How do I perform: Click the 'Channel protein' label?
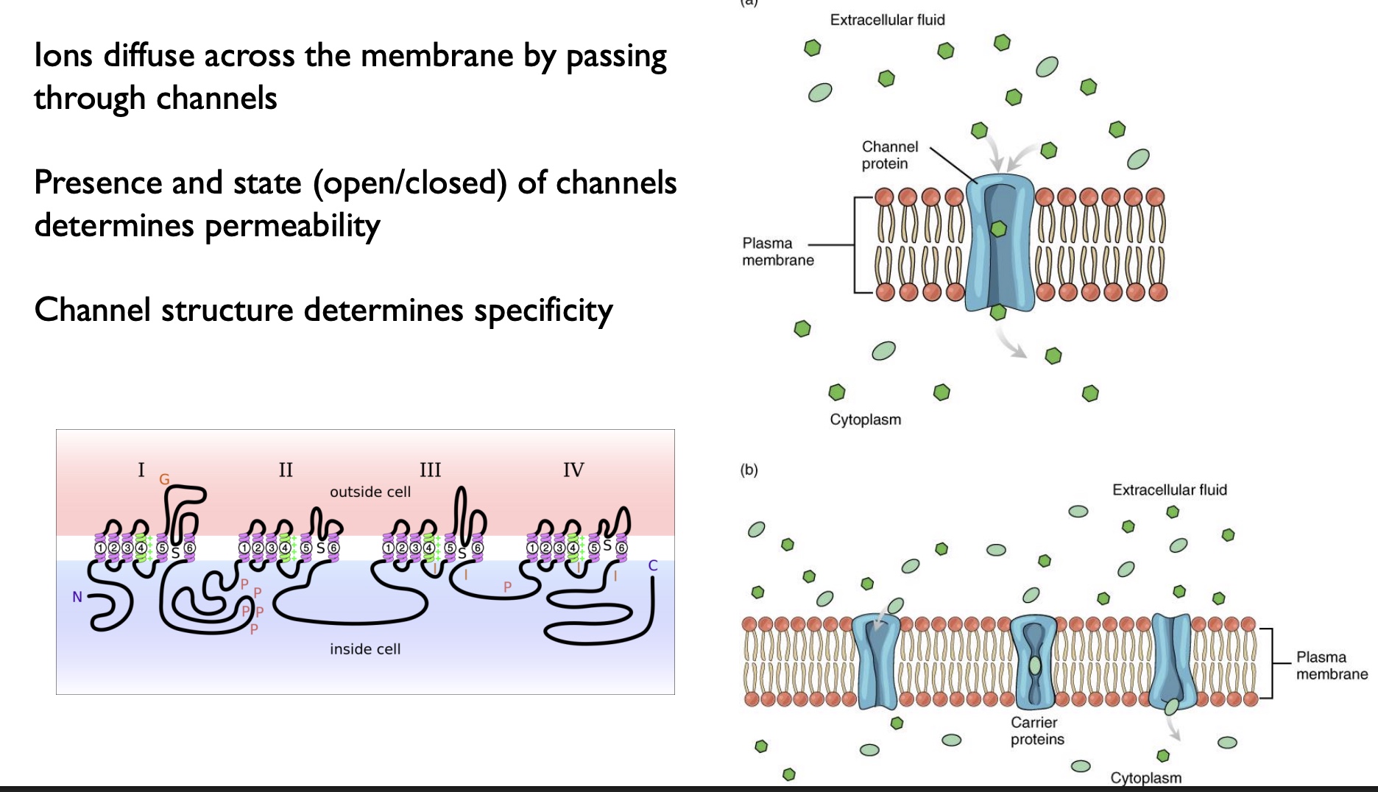pyautogui.click(x=889, y=155)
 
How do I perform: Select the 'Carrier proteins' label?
pyautogui.click(x=1036, y=731)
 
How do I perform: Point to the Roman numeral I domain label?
pyautogui.click(x=141, y=470)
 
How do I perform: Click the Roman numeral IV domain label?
pyautogui.click(x=573, y=470)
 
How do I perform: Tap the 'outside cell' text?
pyautogui.click(x=370, y=492)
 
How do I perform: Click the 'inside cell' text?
pyautogui.click(x=365, y=649)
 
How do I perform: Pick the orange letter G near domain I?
pyautogui.click(x=164, y=480)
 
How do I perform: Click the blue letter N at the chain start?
pyautogui.click(x=77, y=597)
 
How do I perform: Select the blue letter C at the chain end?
pyautogui.click(x=652, y=566)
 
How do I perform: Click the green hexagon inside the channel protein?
pyautogui.click(x=998, y=229)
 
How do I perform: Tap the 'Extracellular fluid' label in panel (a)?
pyautogui.click(x=887, y=20)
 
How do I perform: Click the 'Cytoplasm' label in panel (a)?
pyautogui.click(x=865, y=420)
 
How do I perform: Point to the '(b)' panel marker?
pyautogui.click(x=749, y=470)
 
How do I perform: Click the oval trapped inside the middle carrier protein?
pyautogui.click(x=1035, y=665)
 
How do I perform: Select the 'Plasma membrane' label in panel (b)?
pyautogui.click(x=1331, y=665)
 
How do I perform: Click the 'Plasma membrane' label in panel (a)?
pyautogui.click(x=777, y=252)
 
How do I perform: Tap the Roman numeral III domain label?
pyautogui.click(x=430, y=470)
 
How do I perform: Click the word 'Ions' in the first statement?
pyautogui.click(x=63, y=56)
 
